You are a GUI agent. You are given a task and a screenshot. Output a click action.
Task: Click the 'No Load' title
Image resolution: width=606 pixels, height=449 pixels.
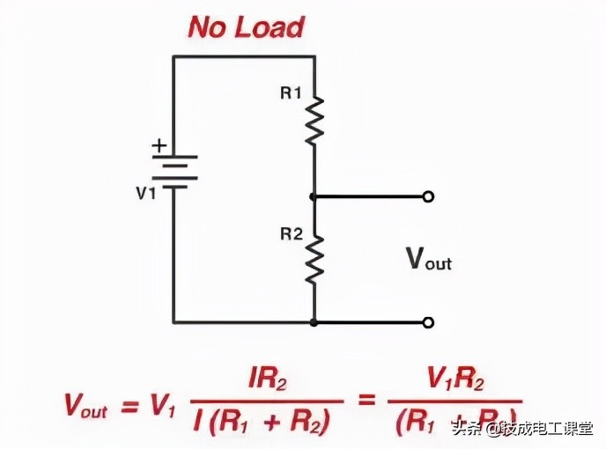246,27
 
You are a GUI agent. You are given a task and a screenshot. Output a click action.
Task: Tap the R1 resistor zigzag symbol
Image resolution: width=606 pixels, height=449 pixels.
314,121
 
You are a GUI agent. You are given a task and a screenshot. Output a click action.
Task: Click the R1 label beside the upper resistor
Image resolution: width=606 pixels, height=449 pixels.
291,93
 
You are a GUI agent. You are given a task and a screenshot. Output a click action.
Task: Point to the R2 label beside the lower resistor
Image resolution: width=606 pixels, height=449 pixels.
291,234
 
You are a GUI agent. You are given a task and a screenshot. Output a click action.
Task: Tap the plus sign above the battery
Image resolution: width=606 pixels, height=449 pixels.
159,145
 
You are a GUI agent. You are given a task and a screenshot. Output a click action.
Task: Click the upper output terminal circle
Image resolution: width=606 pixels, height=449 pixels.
428,196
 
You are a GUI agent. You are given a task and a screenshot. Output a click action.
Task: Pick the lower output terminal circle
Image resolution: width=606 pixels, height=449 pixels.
428,323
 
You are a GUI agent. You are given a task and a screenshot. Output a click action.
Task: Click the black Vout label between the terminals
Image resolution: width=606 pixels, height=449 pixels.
428,259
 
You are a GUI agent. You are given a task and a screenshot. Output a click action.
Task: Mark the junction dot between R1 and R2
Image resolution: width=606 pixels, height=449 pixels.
314,196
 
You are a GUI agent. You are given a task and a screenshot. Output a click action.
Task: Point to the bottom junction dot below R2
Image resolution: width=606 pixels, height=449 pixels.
314,323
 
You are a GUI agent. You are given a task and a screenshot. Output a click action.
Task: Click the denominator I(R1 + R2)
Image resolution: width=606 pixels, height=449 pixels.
263,423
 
